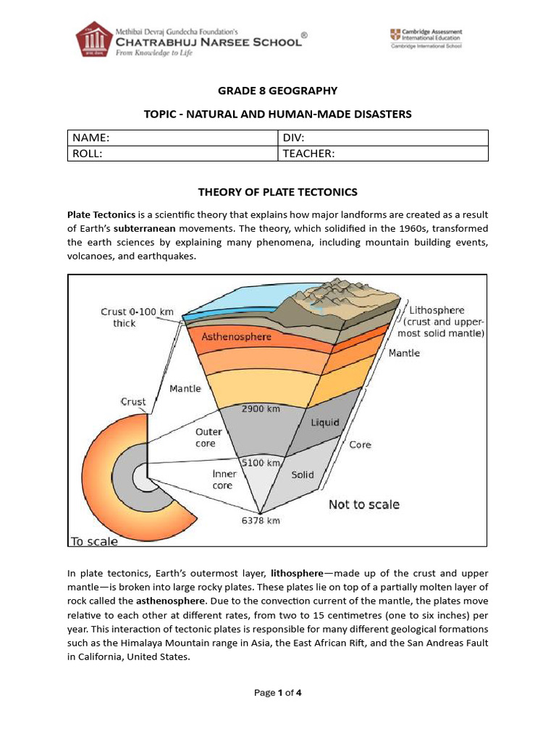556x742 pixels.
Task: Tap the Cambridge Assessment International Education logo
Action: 426,38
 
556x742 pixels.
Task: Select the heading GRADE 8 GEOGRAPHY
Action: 278,91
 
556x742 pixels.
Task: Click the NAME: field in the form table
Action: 172,138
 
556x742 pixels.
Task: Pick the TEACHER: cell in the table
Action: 383,153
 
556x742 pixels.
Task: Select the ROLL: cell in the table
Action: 172,153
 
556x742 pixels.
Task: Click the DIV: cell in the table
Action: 383,138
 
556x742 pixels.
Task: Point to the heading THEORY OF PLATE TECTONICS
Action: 278,192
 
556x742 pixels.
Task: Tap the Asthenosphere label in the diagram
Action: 236,337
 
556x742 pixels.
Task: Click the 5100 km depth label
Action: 261,462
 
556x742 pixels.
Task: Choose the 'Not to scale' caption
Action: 363,504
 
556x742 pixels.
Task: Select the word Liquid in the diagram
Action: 325,422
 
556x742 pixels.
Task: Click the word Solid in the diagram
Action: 303,475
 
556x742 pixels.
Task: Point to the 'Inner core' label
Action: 224,480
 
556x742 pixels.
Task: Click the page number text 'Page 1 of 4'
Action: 278,693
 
